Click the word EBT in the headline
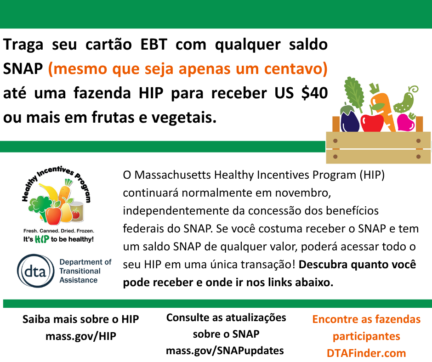pyautogui.click(x=154, y=45)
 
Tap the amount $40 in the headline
pyautogui.click(x=314, y=93)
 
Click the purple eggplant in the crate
pyautogui.click(x=349, y=119)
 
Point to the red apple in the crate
pyautogui.click(x=372, y=123)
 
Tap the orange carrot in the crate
pyautogui.click(x=383, y=107)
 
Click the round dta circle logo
pyautogui.click(x=36, y=271)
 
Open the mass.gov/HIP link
pyautogui.click(x=81, y=336)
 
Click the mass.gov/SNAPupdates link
pyautogui.click(x=225, y=351)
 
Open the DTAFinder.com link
pyautogui.click(x=366, y=353)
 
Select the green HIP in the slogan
pyautogui.click(x=42, y=239)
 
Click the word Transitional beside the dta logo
pyautogui.click(x=80, y=271)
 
